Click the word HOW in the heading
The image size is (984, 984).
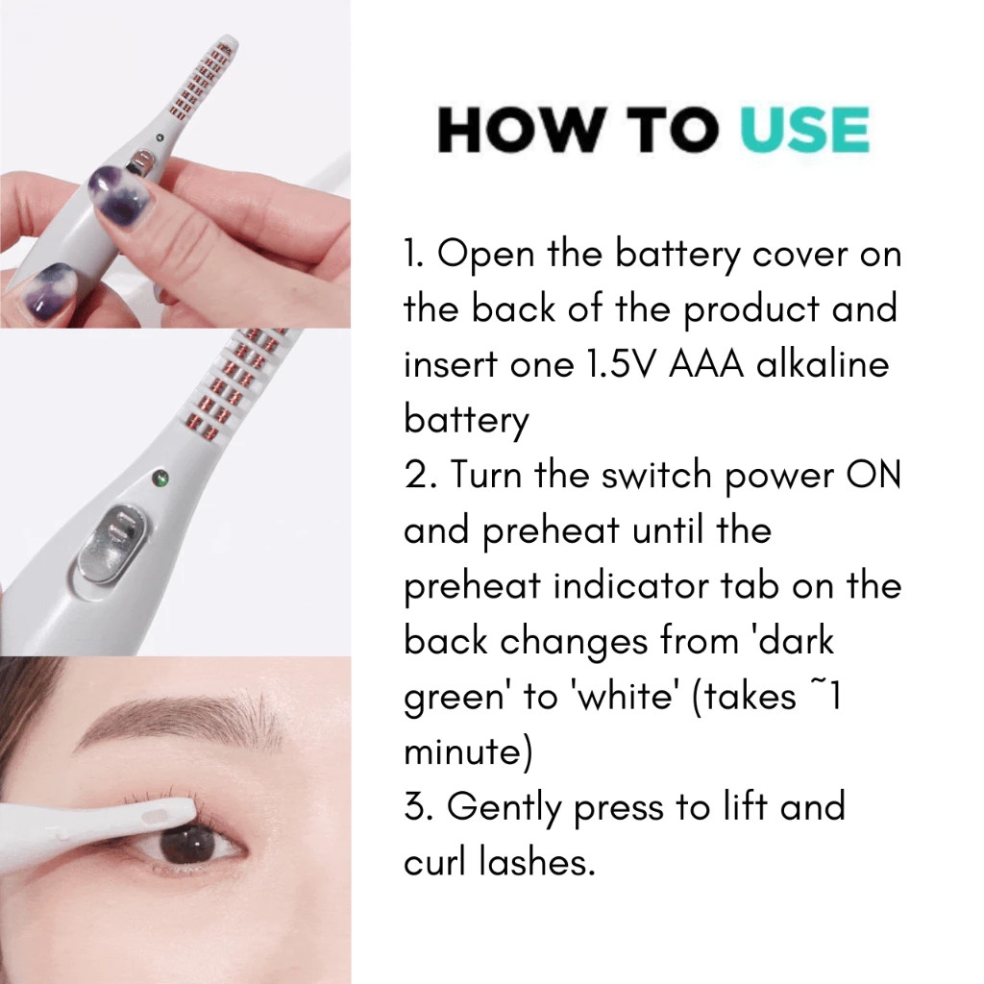click(523, 130)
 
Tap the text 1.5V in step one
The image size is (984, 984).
click(620, 364)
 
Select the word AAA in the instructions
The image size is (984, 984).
click(706, 364)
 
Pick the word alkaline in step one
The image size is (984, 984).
click(823, 363)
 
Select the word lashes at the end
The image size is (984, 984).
click(536, 861)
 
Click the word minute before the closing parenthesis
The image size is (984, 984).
click(463, 751)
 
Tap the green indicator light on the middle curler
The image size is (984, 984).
click(161, 479)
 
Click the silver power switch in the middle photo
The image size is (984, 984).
click(113, 541)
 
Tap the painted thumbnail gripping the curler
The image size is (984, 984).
click(120, 195)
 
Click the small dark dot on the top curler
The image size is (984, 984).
click(160, 137)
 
